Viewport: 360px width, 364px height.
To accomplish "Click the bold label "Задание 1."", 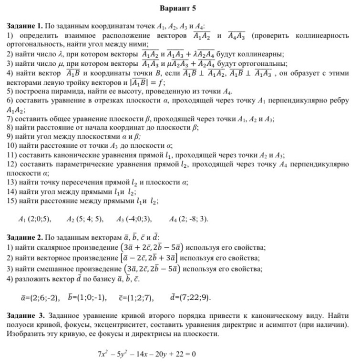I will coord(24,26).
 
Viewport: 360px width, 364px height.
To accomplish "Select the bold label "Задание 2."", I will coord(24,237).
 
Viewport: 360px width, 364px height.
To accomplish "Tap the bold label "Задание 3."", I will coord(24,315).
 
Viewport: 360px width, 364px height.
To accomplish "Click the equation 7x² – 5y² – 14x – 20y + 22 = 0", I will coord(147,354).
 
